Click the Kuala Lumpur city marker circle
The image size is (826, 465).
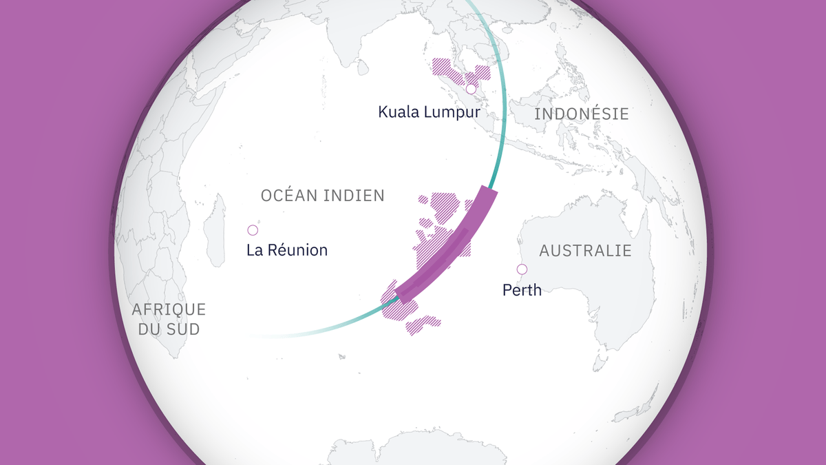tap(471, 89)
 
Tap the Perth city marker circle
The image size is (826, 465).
tap(522, 269)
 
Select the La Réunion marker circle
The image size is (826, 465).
tap(253, 230)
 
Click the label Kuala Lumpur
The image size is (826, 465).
tap(428, 112)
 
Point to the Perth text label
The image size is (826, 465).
tap(522, 290)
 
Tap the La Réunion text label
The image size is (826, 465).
tap(287, 250)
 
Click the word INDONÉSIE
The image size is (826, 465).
tap(582, 114)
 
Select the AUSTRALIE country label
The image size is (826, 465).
tap(585, 250)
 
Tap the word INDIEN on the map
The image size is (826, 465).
tap(357, 196)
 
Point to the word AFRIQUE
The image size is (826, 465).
tap(169, 309)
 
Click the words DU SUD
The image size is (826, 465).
tap(169, 329)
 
